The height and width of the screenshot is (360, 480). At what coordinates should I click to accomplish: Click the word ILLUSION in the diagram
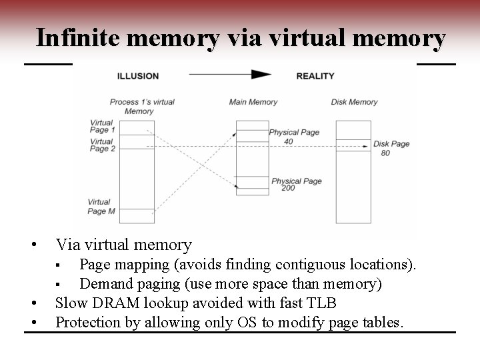pyautogui.click(x=137, y=76)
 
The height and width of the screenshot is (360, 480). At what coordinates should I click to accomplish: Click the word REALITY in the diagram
pyautogui.click(x=315, y=76)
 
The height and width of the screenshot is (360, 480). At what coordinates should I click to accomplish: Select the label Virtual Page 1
pyautogui.click(x=102, y=126)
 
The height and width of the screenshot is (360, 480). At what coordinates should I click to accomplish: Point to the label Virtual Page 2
pyautogui.click(x=102, y=145)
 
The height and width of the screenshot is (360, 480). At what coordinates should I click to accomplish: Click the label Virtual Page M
pyautogui.click(x=102, y=207)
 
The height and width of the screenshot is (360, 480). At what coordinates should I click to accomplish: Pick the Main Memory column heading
pyautogui.click(x=253, y=102)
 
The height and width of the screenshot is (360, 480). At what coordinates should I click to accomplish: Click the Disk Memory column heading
pyautogui.click(x=354, y=102)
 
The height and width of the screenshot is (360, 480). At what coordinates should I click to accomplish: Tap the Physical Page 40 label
pyautogui.click(x=294, y=137)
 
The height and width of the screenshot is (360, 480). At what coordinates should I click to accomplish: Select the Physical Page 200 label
pyautogui.click(x=296, y=185)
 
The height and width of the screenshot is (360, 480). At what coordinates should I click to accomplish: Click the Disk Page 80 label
pyautogui.click(x=391, y=148)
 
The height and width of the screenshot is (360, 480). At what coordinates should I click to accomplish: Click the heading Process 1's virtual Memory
pyautogui.click(x=142, y=107)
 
